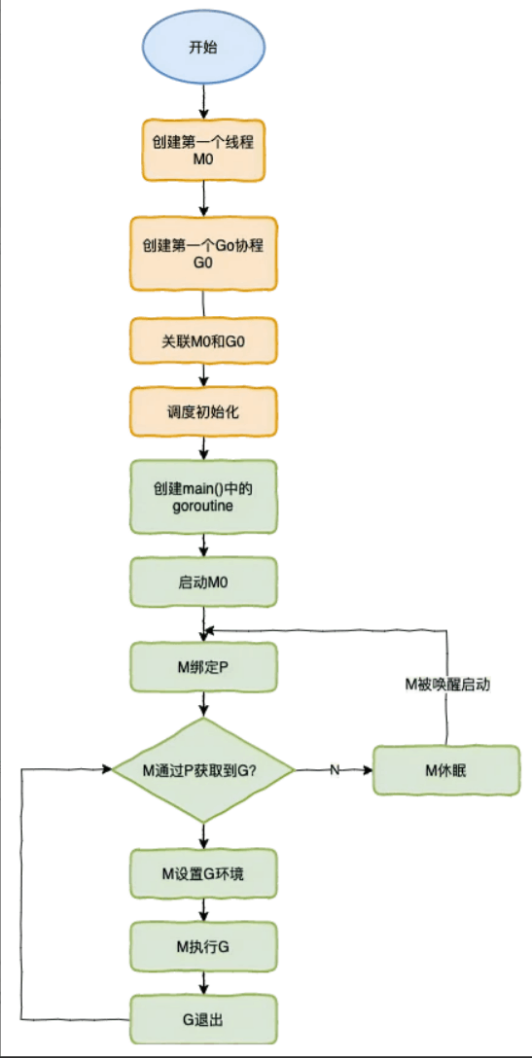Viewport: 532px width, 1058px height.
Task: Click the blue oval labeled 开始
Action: [x=202, y=47]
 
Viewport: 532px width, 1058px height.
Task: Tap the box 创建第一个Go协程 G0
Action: [x=203, y=252]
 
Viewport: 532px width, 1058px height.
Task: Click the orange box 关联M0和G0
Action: [x=203, y=341]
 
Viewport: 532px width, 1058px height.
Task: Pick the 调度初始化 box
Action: [x=203, y=411]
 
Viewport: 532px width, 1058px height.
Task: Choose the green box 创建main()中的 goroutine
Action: [x=203, y=497]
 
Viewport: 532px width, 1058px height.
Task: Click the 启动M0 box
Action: [x=203, y=582]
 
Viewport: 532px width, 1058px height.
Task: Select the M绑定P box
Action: [x=203, y=666]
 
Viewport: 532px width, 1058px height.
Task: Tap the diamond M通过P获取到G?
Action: [x=203, y=770]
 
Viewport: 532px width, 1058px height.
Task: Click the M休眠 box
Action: [x=446, y=770]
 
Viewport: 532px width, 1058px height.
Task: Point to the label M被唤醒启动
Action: [x=446, y=685]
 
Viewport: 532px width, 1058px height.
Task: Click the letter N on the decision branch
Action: [x=334, y=770]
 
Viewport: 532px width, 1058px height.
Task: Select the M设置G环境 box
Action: [x=203, y=873]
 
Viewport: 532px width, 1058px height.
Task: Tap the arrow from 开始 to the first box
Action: [x=202, y=100]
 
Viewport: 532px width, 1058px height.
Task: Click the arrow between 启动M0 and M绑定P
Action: [x=203, y=622]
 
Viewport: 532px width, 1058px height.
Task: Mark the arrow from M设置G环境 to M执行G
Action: [x=203, y=908]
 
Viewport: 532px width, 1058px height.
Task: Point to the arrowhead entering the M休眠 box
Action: [x=369, y=770]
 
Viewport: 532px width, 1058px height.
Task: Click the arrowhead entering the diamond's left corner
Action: [x=107, y=770]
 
